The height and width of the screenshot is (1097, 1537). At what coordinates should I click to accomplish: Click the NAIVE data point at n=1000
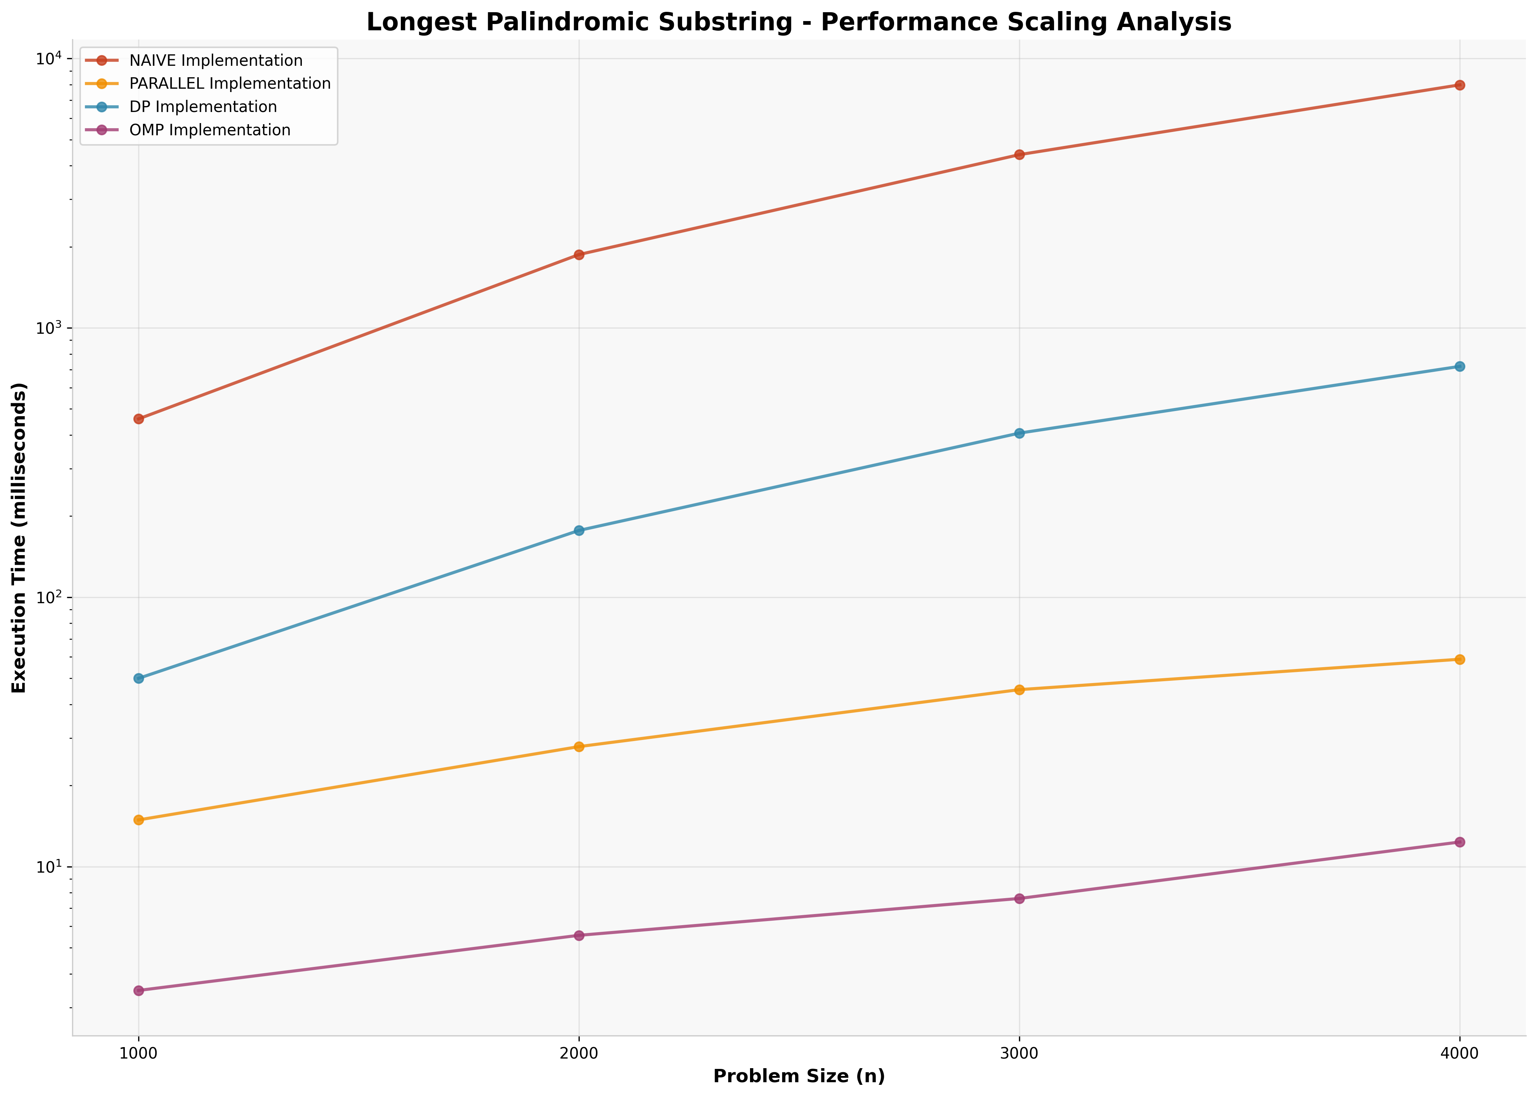pos(139,419)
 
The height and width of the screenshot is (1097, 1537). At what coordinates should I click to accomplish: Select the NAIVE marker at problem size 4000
pos(1459,85)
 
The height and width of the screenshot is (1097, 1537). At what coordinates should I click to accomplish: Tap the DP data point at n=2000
pos(579,530)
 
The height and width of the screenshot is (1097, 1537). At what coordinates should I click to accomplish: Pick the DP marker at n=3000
pos(1019,433)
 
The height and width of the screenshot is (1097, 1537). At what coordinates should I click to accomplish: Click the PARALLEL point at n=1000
pos(139,820)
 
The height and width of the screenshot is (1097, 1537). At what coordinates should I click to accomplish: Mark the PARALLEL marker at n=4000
pos(1459,659)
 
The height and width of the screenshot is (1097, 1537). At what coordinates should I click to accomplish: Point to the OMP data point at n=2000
pos(579,935)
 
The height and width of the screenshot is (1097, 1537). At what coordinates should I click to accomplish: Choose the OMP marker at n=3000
pos(1019,899)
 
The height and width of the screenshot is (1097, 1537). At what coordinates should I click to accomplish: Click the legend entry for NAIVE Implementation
pos(216,61)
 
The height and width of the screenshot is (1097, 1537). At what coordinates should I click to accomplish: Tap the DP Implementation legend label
pos(202,107)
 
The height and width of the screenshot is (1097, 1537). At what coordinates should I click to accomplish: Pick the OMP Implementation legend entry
pos(209,130)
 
